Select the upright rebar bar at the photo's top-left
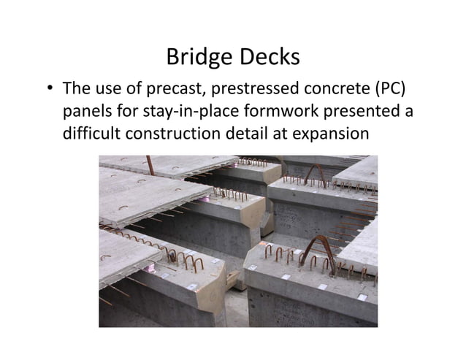(150, 166)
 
